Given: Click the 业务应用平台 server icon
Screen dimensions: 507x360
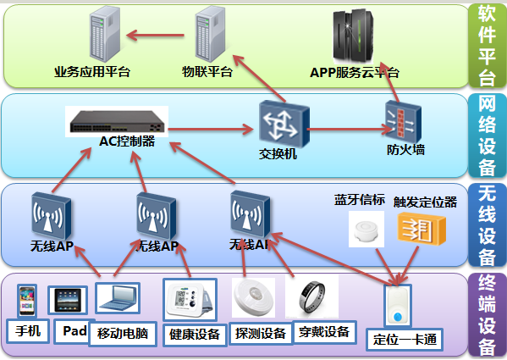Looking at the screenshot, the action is pos(105,34).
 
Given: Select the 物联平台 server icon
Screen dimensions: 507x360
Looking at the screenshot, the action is pos(210,34).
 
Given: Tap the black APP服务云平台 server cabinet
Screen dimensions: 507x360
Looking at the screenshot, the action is pos(353,36).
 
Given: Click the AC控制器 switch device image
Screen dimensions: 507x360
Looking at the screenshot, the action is pos(117,121).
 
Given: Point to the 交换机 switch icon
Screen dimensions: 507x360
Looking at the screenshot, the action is pos(284,124).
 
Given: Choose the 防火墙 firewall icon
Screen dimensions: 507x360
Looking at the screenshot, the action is pos(403,122).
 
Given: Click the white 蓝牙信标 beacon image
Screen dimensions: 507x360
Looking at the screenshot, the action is pos(366,230).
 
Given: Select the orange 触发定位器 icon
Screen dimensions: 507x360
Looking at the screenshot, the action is pos(422,230).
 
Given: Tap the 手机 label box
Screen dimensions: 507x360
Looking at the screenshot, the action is pos(28,331).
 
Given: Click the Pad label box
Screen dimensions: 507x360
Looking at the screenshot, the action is pos(74,331).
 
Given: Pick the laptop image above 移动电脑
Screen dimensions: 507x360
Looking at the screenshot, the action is pos(118,298).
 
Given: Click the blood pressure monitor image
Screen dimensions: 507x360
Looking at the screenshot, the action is pos(190,300).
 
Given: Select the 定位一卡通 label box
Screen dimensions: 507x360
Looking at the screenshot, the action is pos(405,340).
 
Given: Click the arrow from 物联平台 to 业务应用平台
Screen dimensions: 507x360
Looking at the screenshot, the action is pos(155,36).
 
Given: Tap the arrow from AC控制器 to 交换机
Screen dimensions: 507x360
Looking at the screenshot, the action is pos(211,130).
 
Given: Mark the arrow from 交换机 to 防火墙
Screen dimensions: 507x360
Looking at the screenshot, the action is pos(350,130).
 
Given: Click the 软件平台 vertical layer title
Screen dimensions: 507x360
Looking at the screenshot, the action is pos(487,46).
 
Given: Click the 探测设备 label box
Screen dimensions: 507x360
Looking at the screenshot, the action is pos(261,333).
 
